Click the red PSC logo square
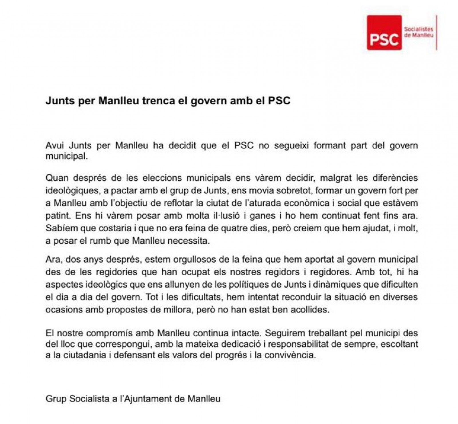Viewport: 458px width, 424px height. [x=384, y=33]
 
